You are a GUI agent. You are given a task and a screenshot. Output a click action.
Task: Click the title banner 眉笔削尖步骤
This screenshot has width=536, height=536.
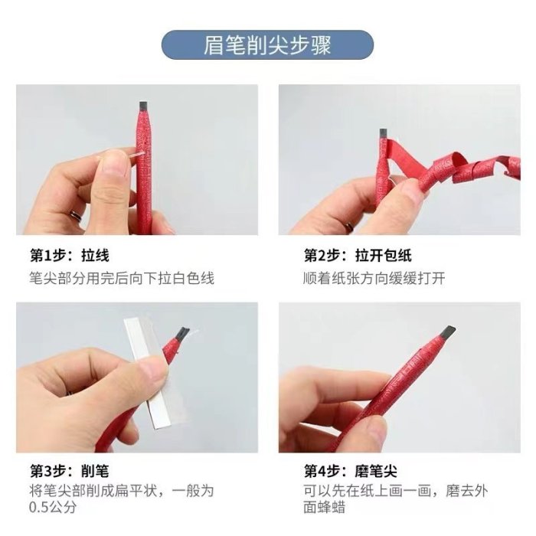pos(267,44)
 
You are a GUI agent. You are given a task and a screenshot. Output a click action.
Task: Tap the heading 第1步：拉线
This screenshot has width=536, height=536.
pos(70,255)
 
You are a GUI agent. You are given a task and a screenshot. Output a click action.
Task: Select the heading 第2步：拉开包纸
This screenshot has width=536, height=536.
pos(358,255)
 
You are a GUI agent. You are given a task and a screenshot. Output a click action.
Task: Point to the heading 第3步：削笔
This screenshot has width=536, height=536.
pos(70,471)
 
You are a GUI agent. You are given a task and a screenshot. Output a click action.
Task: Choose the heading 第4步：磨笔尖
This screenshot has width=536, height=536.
pos(351,471)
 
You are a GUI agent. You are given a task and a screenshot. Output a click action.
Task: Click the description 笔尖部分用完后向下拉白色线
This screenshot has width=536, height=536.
pos(122,278)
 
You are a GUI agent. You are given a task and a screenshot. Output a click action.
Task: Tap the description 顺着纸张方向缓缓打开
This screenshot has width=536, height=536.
pos(374,278)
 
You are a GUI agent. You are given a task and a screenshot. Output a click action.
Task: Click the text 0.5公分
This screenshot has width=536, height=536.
pos(52,507)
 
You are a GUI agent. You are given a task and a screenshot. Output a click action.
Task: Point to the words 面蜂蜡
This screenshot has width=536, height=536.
pos(324,507)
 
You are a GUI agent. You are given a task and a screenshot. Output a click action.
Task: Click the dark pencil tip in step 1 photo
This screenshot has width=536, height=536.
pos(144,106)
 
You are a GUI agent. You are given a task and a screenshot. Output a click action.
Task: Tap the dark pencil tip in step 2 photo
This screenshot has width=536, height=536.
pos(384,133)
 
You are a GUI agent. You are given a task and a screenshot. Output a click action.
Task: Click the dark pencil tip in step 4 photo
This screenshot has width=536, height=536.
pos(449,333)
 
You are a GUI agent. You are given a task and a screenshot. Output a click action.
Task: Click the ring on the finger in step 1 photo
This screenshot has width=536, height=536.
pos(76,216)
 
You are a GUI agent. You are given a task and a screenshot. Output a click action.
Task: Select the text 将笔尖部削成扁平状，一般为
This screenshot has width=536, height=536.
pos(122,492)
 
